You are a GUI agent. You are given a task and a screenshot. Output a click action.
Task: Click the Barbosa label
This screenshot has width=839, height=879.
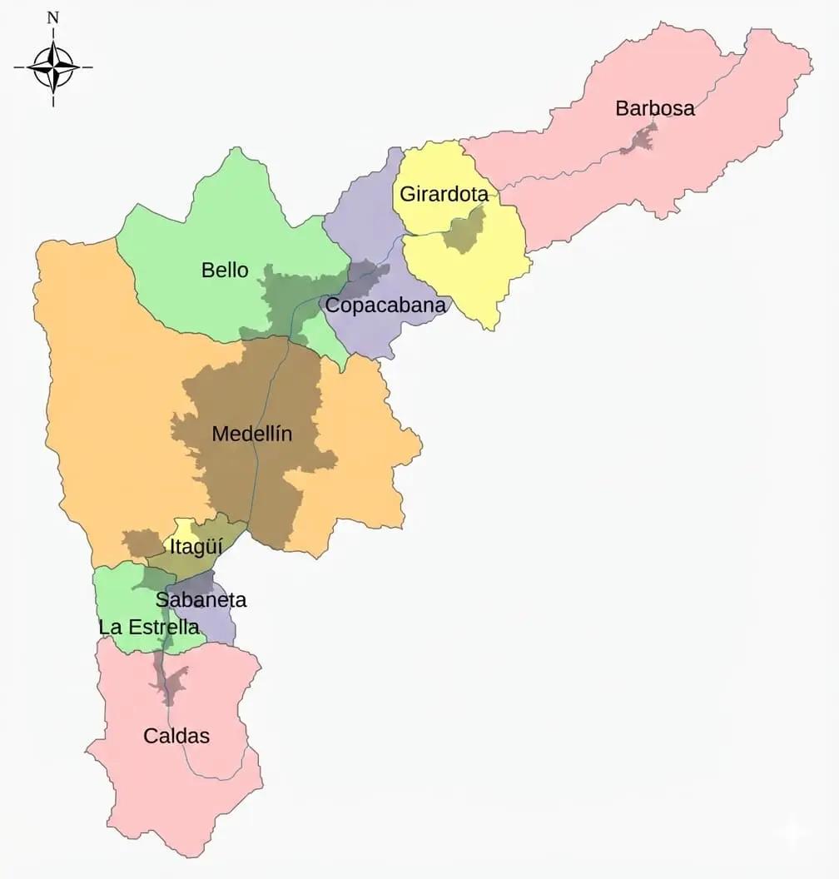coord(654,108)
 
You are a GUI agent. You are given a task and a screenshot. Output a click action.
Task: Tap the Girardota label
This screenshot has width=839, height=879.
coord(444,194)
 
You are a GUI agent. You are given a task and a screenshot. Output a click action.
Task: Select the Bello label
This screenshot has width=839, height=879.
coord(225,270)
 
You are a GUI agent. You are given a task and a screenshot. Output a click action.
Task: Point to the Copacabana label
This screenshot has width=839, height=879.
coord(385,305)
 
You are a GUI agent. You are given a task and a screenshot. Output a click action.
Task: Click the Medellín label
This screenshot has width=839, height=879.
coord(252,434)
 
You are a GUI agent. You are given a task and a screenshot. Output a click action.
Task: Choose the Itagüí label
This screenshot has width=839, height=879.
coord(196,547)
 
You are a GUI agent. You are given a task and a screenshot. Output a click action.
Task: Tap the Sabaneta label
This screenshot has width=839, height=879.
coord(201,599)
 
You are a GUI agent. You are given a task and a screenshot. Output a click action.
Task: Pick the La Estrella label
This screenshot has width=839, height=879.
coord(149,627)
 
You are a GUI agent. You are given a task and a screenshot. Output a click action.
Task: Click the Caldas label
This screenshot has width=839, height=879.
coord(176,736)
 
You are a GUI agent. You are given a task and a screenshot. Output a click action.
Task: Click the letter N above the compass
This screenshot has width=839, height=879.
coord(53,17)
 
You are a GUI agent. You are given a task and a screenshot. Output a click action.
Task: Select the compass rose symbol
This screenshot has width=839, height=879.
coord(53,67)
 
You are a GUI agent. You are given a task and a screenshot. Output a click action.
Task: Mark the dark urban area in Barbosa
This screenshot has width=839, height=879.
coord(639,140)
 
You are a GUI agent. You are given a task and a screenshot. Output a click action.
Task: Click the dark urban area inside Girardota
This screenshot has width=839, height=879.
coord(464,232)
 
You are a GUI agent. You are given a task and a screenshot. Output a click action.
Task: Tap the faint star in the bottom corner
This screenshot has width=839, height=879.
coord(791,832)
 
